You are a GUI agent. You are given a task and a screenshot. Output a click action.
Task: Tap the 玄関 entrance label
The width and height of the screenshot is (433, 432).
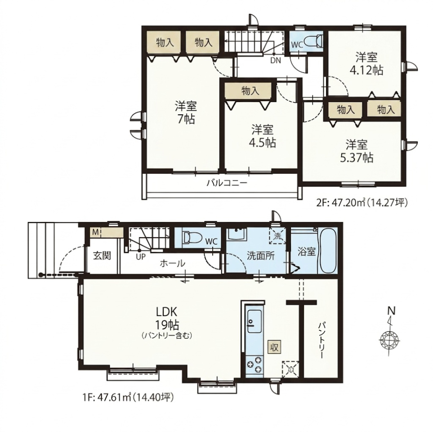pos(102,256)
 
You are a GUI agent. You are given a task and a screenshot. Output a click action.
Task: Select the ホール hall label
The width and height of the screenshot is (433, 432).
pos(172,263)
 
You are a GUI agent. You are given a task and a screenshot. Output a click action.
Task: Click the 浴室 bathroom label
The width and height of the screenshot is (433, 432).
pos(307,252)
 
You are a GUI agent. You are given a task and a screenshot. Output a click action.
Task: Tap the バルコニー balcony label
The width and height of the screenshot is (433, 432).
pos(227,183)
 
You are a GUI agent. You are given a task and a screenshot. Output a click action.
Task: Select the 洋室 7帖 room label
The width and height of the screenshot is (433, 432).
pos(186,112)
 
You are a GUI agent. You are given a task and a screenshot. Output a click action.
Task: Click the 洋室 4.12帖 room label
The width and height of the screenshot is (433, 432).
pos(366,64)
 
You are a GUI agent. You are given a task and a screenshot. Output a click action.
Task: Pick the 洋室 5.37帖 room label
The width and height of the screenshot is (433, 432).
pos(357,151)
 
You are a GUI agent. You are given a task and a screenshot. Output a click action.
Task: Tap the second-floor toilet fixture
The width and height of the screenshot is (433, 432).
pos(315,41)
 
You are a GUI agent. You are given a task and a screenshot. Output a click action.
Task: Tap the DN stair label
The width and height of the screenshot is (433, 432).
pos(275,60)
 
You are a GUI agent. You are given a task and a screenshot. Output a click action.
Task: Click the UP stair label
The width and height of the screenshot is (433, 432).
pos(140,257)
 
